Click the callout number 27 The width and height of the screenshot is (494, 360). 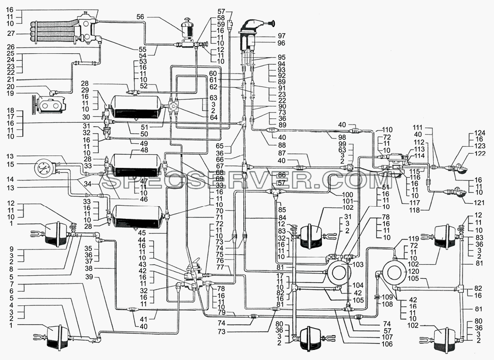click(11, 34)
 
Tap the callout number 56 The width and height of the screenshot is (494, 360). click(141, 17)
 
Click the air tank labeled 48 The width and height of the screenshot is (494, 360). click(135, 165)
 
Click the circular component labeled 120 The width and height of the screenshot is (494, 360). click(393, 271)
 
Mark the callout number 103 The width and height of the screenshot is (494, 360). click(358, 264)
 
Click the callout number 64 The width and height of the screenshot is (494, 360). click(214, 118)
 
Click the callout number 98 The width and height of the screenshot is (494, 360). click(342, 137)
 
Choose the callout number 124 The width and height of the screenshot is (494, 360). click(479, 133)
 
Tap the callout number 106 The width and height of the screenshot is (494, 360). click(387, 344)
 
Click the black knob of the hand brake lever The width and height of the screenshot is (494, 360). click(273, 23)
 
